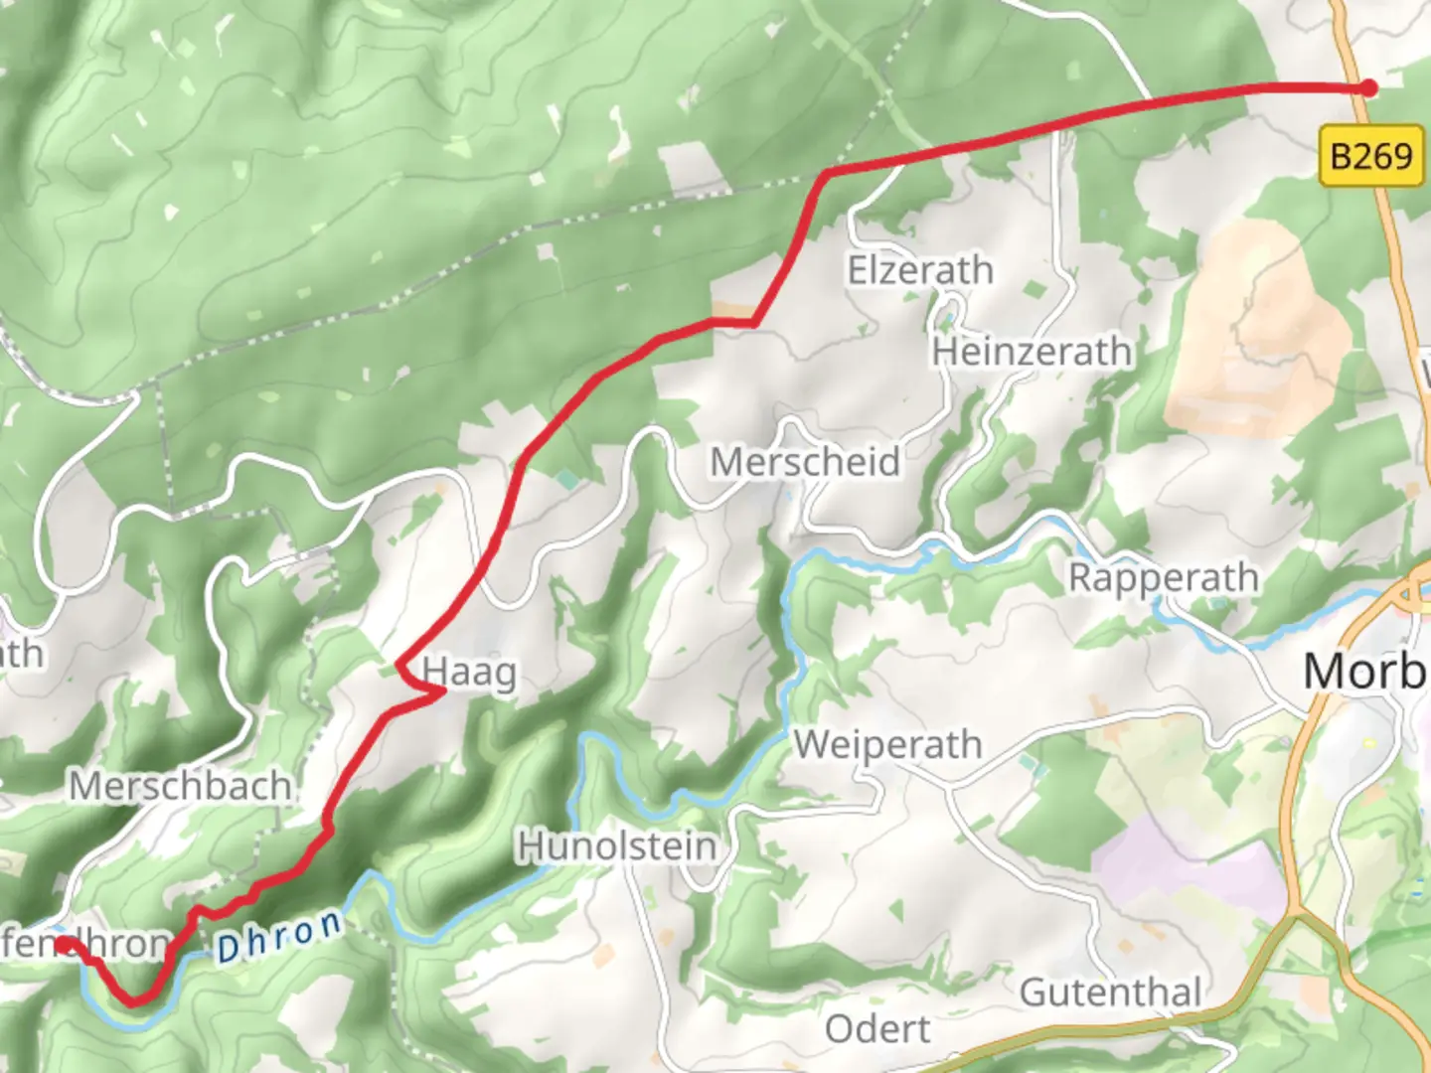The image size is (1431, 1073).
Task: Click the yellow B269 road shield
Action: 1370,156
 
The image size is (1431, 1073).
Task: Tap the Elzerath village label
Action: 919,270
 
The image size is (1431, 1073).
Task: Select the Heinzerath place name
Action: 1032,352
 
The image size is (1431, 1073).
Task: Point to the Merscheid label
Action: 805,462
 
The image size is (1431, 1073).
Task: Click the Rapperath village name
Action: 1163,577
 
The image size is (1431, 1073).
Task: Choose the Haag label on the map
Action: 470,674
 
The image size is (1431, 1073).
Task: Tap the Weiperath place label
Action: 887,744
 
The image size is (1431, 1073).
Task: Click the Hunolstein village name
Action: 616,846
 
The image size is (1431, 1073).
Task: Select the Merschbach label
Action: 181,787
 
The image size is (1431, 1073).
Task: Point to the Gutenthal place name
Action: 1110,992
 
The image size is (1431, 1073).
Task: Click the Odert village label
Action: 877,1029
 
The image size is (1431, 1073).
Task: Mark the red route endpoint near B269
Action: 1368,88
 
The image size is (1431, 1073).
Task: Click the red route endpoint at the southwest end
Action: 63,945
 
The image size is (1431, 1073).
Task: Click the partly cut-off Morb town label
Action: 1365,673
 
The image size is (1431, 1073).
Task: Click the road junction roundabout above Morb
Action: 1411,594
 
